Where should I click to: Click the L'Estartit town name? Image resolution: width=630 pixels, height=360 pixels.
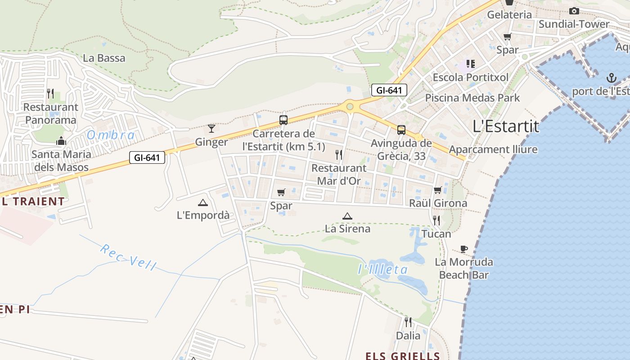point(506,126)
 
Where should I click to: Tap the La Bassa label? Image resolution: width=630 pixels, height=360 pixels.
point(104,58)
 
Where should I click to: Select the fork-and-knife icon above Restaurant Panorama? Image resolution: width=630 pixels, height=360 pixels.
point(50,94)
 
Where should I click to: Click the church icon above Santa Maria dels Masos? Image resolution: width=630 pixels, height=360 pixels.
point(61,141)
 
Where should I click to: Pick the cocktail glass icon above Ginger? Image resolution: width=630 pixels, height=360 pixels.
point(211,129)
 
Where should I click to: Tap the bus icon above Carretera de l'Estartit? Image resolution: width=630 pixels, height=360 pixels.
point(283,120)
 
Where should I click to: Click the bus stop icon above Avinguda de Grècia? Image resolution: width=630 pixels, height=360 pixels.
point(401,130)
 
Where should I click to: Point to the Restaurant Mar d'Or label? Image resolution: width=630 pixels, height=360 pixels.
point(339,174)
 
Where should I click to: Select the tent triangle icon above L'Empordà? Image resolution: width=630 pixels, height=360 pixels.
point(203,202)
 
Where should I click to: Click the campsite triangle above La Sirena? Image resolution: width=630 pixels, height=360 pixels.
point(347,216)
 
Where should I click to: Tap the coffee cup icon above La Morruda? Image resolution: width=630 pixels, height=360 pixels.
point(464,249)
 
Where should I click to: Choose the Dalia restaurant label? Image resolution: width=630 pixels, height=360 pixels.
point(408,335)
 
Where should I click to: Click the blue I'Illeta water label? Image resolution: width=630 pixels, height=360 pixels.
point(382,270)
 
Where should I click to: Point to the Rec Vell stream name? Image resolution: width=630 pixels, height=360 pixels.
point(128,257)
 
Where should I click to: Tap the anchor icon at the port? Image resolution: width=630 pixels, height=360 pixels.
point(611,78)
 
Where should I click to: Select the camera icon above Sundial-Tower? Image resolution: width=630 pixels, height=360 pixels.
point(574,11)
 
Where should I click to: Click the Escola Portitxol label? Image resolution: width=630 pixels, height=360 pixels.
point(470,77)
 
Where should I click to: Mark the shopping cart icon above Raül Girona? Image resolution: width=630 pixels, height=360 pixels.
point(437,190)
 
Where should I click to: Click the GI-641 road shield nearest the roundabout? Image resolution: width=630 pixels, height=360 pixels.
point(389,90)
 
